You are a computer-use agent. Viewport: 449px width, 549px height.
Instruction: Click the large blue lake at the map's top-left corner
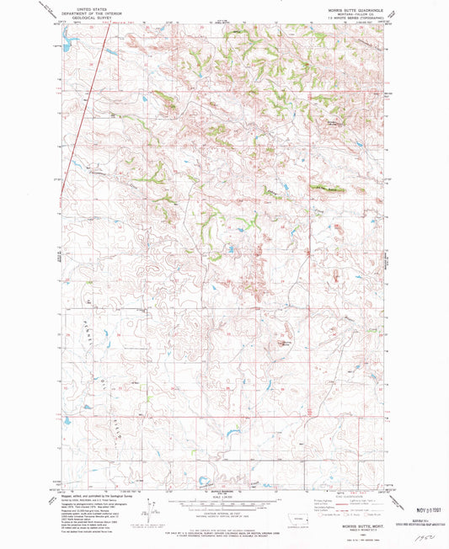[x=68, y=41]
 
